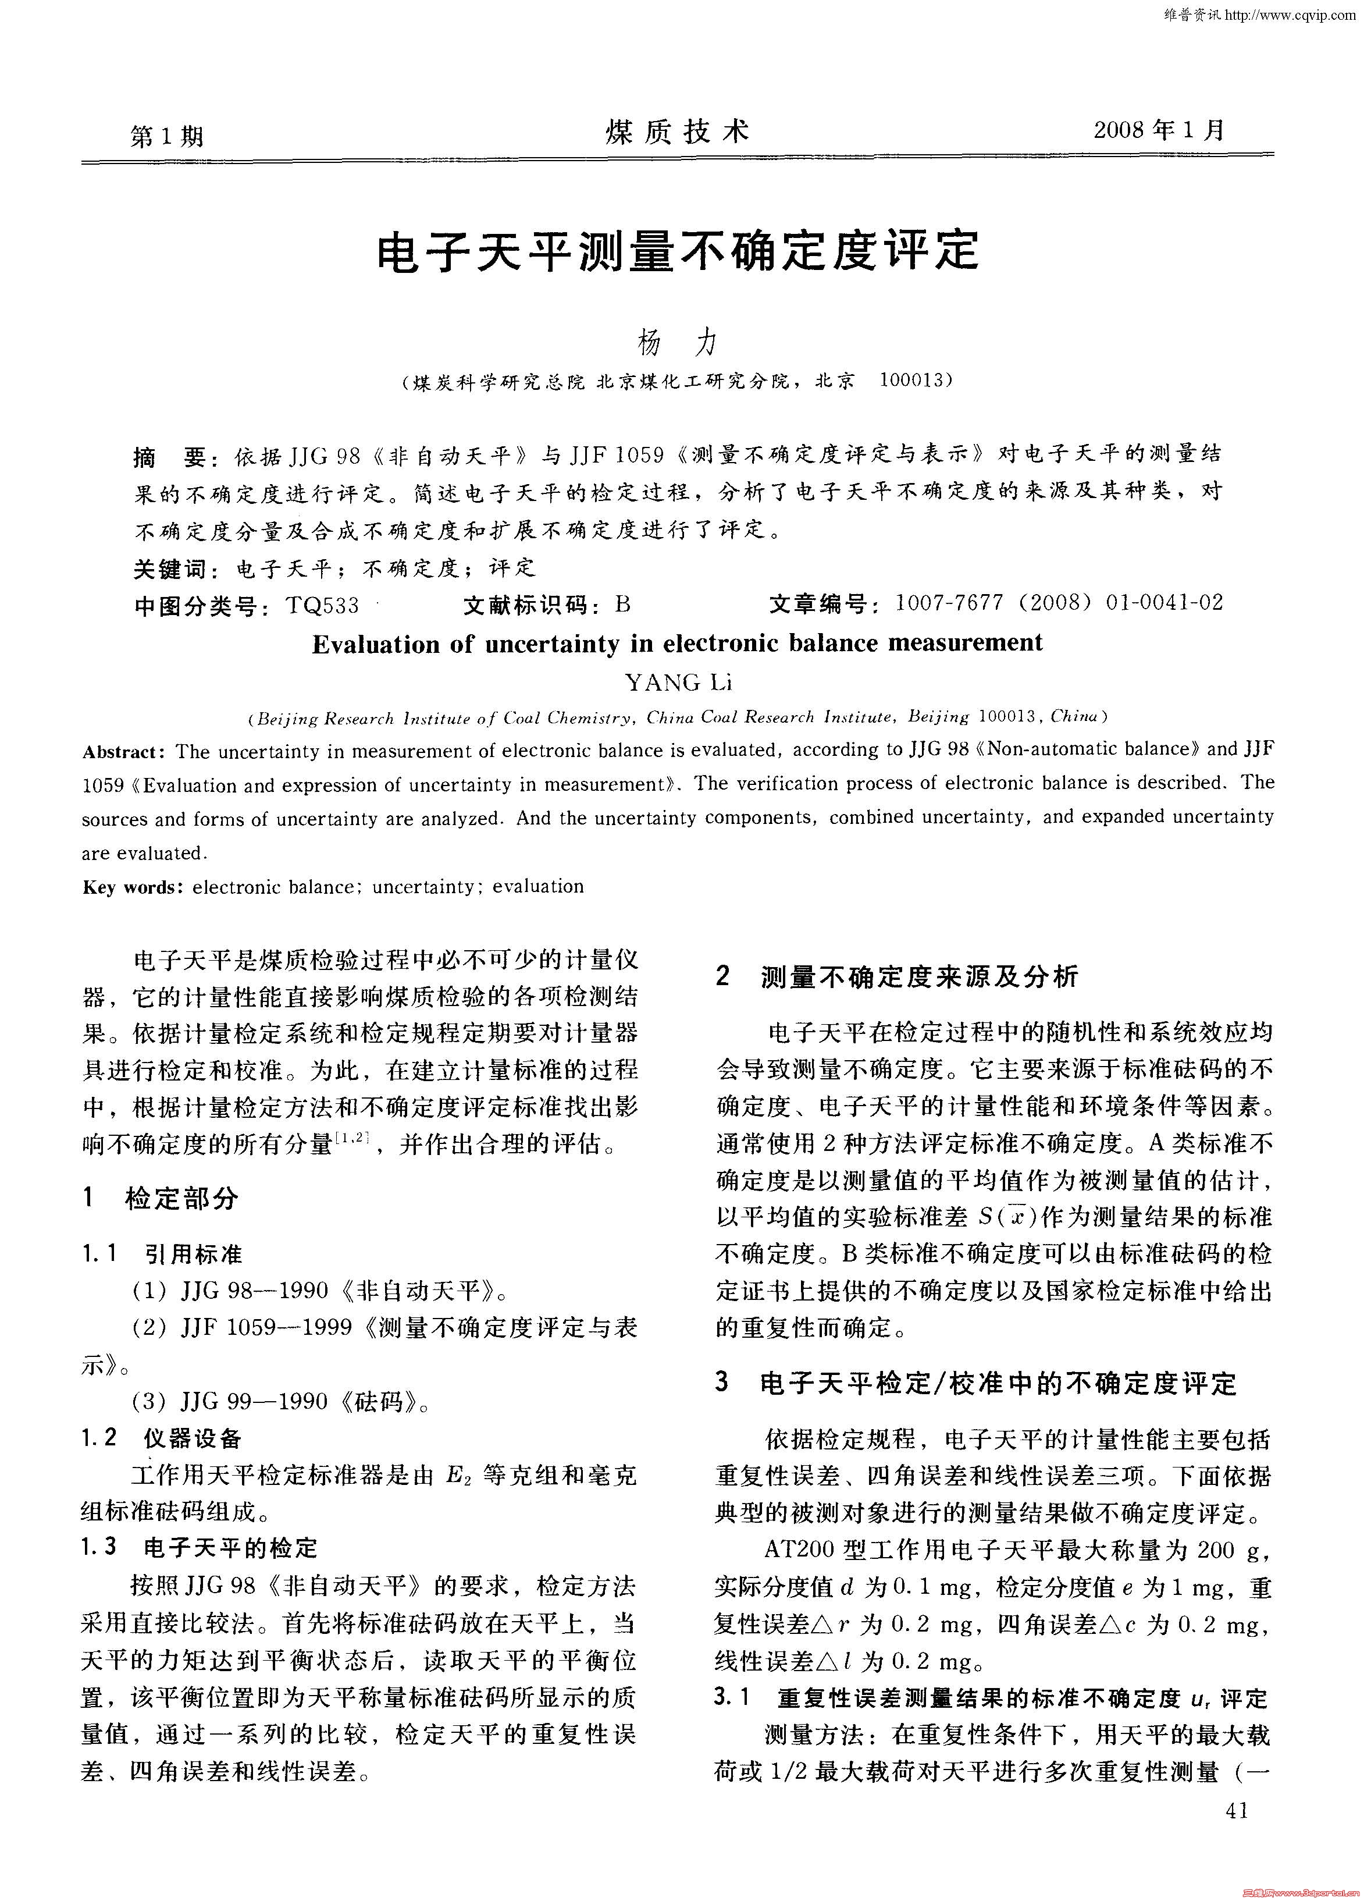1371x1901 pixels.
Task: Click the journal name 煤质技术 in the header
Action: (677, 132)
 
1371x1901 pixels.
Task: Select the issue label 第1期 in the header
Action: (168, 135)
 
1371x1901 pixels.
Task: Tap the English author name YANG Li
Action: (678, 683)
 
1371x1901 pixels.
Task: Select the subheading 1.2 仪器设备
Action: (161, 1439)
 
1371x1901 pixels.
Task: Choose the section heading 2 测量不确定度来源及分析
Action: (897, 976)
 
